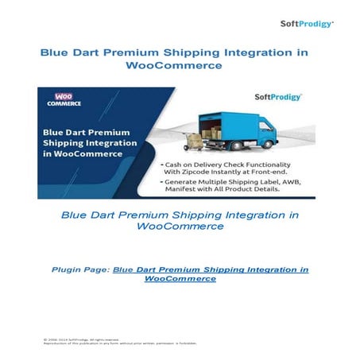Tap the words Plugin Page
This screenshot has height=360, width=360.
[80, 270]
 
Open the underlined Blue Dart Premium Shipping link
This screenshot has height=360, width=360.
[210, 270]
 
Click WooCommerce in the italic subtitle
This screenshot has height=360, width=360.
[180, 226]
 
